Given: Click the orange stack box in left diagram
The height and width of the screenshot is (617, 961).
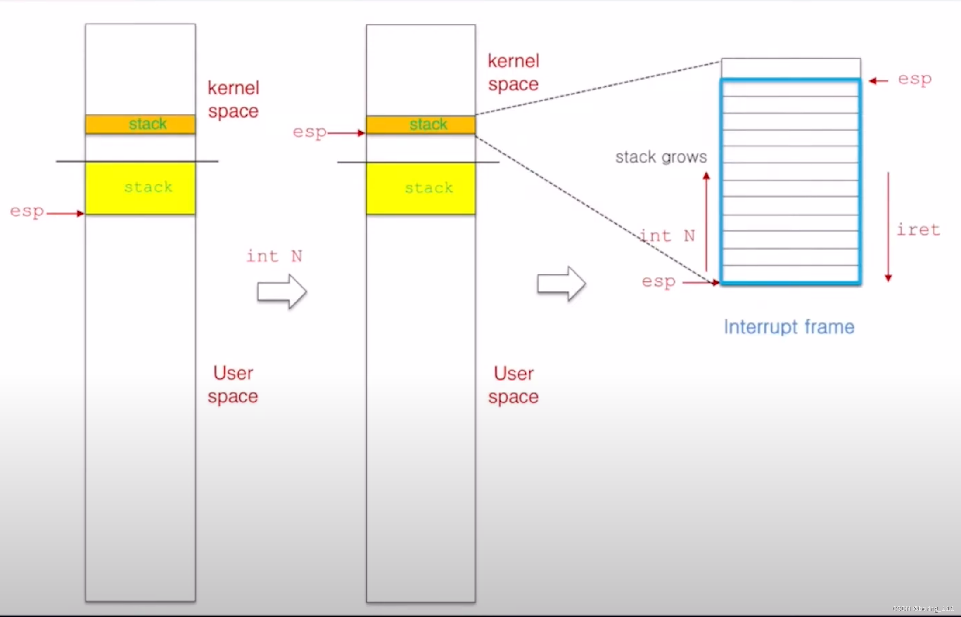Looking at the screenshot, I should (x=140, y=124).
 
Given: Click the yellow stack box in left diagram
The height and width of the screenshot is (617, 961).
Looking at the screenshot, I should (x=140, y=188).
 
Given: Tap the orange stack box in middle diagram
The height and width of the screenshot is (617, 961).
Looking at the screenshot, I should (x=421, y=125).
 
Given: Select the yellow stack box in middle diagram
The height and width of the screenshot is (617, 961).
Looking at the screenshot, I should (x=421, y=188).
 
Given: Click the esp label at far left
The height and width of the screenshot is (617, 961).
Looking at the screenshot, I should (x=27, y=212).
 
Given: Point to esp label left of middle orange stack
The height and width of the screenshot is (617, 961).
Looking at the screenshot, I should (x=309, y=132).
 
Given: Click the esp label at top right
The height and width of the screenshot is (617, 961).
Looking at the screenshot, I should (x=914, y=80).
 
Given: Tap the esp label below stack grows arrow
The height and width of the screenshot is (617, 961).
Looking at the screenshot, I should (x=658, y=282).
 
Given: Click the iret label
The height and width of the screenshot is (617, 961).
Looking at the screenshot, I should (x=918, y=230).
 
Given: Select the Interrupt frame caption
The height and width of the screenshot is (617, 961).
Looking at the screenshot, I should (x=789, y=327).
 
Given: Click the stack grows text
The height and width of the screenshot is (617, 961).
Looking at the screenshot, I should (x=661, y=157).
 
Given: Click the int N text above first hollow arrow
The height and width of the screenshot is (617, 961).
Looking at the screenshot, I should (x=274, y=256).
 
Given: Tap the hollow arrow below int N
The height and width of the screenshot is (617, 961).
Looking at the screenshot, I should (x=282, y=291).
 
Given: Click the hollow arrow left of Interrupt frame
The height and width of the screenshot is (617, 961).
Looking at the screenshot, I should (x=561, y=284).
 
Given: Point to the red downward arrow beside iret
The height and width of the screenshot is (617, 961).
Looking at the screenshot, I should (x=888, y=227).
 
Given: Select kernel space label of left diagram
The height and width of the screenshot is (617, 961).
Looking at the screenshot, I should (x=233, y=100).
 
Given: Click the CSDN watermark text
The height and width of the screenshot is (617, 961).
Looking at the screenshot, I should (x=923, y=609).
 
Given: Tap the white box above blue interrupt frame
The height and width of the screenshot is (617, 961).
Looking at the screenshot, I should (x=791, y=68).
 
